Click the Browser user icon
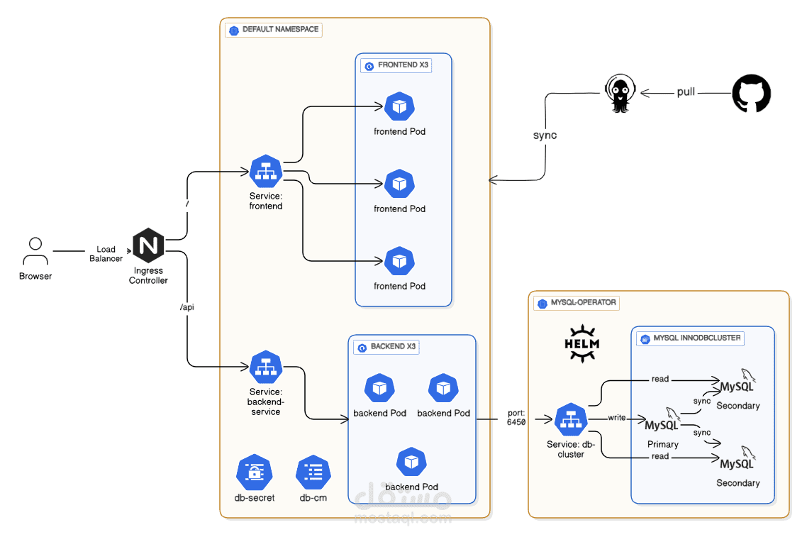coord(35,252)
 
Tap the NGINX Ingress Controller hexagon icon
coord(148,246)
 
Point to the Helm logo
coord(581,343)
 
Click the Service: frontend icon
coord(266,172)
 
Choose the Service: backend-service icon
coord(266,367)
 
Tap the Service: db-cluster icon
coord(571,420)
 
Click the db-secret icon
coord(254,472)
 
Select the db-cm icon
coord(313,472)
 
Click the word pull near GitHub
coord(686,92)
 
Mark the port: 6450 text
coord(516,417)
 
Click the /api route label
coord(187,307)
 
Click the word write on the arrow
coord(617,418)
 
